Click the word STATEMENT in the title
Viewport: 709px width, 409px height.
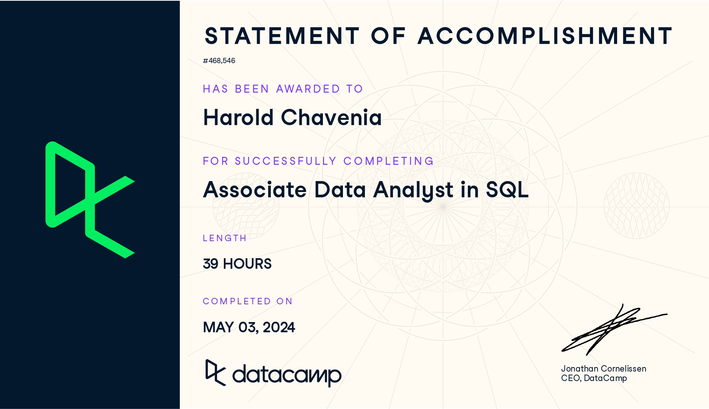coord(282,36)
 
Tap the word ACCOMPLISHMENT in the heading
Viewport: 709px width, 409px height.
coord(545,36)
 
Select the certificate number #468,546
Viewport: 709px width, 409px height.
coord(219,61)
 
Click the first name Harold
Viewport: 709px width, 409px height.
coord(238,117)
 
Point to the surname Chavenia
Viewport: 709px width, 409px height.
coord(331,117)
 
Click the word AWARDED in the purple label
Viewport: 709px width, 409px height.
coord(308,89)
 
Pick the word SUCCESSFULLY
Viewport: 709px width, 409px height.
coord(285,161)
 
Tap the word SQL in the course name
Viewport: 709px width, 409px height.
coord(507,189)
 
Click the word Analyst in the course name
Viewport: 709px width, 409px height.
coord(413,190)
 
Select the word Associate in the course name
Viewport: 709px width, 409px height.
coord(255,189)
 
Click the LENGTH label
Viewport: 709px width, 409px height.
coord(225,238)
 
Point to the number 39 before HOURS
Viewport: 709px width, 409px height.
coord(211,264)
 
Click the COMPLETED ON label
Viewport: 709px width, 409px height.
coord(248,301)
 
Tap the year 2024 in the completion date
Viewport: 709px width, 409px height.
coord(279,327)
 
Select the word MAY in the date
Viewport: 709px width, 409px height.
coord(218,327)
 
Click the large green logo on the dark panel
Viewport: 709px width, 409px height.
coord(90,200)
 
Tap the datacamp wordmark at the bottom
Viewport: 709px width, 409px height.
coord(273,373)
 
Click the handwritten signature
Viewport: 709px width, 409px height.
coord(614,329)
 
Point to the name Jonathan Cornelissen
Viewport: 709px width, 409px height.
coord(604,369)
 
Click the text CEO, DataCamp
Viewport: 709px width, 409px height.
coord(594,378)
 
